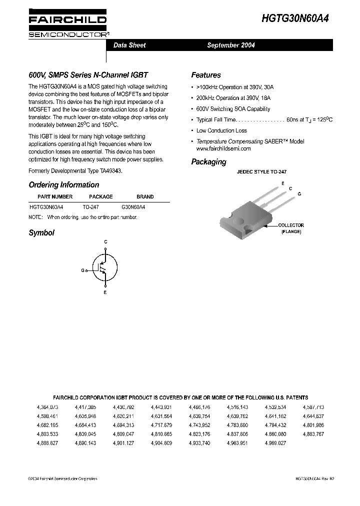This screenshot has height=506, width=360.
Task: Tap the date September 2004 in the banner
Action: [x=231, y=45]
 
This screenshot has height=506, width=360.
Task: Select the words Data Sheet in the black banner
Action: [x=129, y=45]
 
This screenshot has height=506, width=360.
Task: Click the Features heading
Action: [x=205, y=75]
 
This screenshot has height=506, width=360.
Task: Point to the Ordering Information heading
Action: [x=63, y=184]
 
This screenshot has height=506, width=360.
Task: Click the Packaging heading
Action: [x=208, y=161]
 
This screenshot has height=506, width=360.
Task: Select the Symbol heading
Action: [x=41, y=232]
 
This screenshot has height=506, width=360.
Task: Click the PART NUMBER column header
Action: [x=55, y=196]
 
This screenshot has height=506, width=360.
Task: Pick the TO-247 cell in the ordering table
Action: [x=91, y=206]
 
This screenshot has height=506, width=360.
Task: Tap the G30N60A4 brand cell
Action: [x=134, y=206]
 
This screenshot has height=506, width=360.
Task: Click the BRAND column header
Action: [x=145, y=196]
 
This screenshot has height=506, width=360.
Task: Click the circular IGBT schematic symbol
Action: [x=105, y=266]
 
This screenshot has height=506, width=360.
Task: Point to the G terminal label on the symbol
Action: [x=82, y=270]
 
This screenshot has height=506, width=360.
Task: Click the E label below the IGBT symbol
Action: [x=105, y=292]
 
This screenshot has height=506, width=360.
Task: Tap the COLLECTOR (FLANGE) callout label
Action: [x=290, y=228]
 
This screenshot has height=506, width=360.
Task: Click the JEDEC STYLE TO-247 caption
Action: [x=261, y=171]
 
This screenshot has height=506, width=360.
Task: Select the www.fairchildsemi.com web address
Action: [x=223, y=148]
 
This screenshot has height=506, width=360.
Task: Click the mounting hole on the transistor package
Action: [x=238, y=218]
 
